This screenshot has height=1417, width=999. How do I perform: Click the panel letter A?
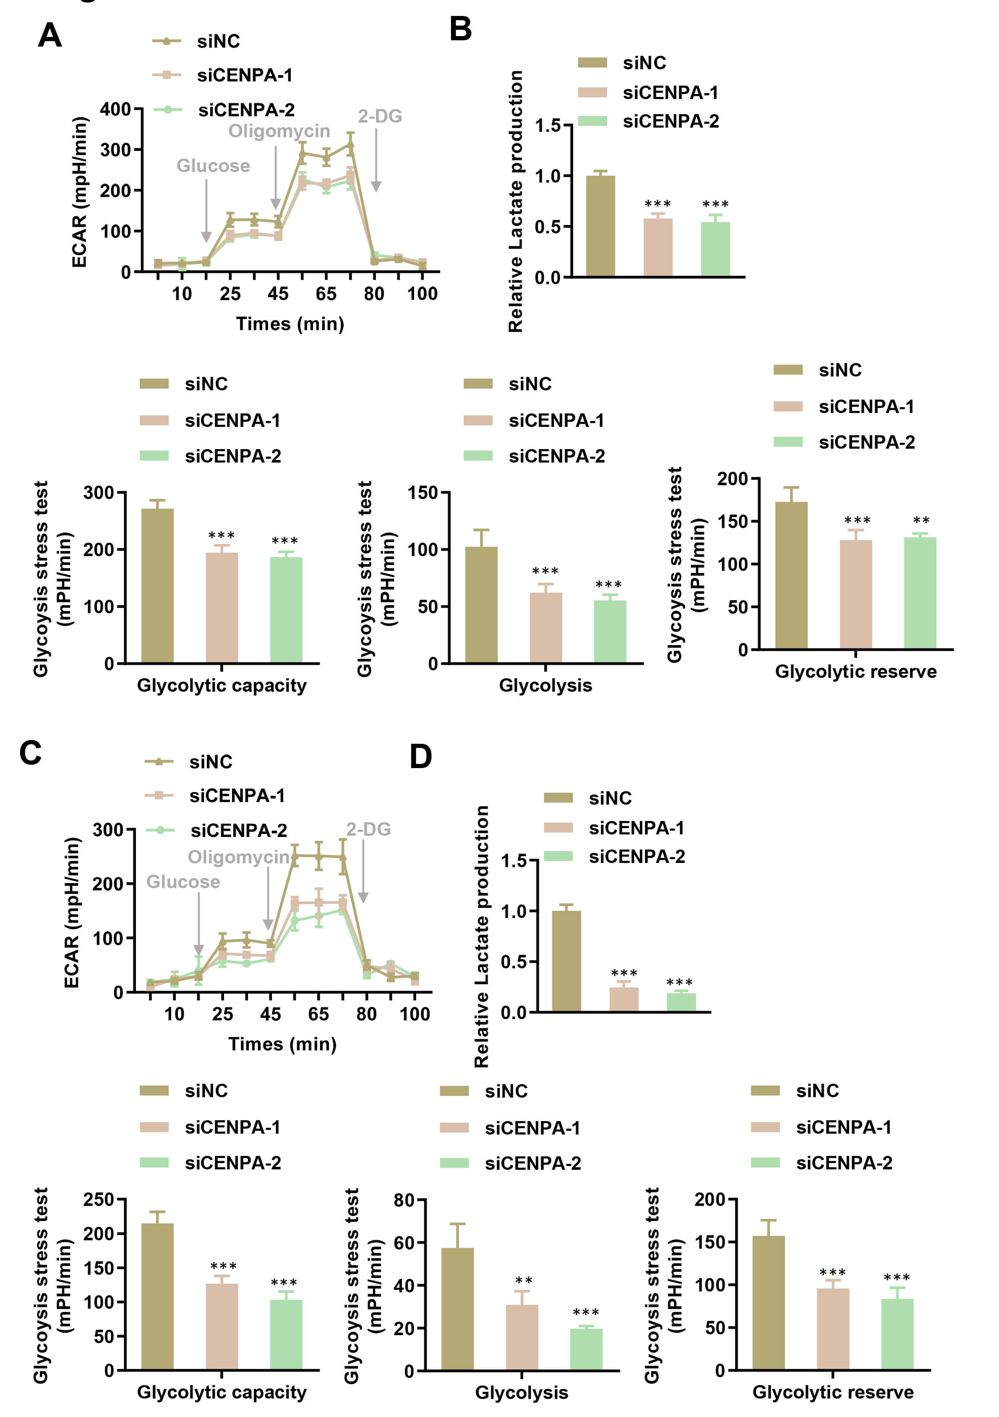click(50, 35)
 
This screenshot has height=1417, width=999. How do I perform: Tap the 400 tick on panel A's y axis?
click(115, 110)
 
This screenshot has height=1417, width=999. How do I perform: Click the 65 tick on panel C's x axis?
click(318, 1014)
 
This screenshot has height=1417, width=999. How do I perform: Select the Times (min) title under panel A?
click(290, 324)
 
